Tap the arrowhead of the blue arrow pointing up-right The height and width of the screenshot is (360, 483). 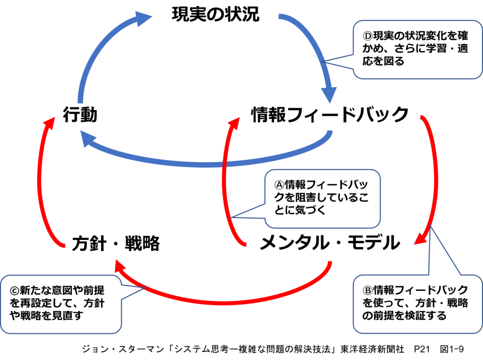click(x=144, y=18)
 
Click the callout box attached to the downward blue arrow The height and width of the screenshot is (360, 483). click(x=417, y=49)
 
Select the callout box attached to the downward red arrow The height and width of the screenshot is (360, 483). click(x=417, y=304)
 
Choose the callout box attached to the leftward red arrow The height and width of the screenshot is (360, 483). click(x=61, y=304)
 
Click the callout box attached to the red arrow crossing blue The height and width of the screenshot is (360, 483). click(x=323, y=199)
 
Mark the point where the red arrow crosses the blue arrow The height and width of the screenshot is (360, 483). click(x=225, y=164)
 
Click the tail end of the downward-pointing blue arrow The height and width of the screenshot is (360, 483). click(x=280, y=17)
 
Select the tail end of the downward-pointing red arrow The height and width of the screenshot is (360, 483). click(x=421, y=116)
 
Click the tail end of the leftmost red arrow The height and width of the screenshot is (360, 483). click(x=64, y=245)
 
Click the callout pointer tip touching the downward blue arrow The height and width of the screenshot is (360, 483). click(x=321, y=61)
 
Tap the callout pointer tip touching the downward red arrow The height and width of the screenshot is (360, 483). click(x=430, y=227)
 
